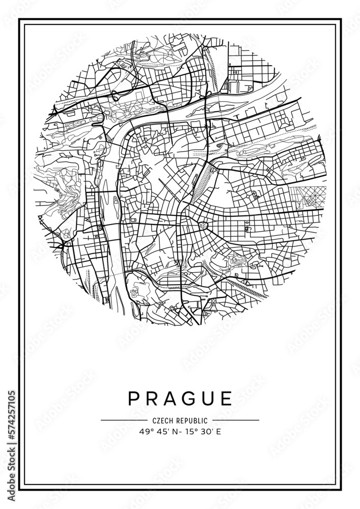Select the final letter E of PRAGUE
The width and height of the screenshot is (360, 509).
(x=226, y=399)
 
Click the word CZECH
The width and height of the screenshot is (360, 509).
(x=163, y=420)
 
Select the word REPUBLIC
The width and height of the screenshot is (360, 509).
(x=192, y=420)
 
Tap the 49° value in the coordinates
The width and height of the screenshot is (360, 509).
(x=145, y=432)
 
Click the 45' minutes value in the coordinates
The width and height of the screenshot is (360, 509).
(x=161, y=432)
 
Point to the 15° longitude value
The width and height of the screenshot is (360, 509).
(x=188, y=432)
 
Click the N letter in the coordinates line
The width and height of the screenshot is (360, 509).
(x=174, y=432)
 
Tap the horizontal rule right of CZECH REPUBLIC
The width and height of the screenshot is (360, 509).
(x=236, y=420)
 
